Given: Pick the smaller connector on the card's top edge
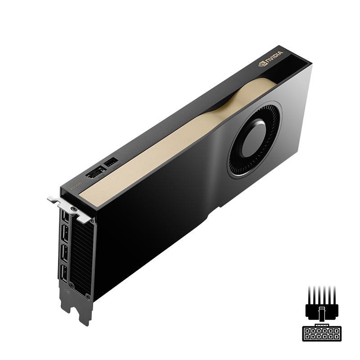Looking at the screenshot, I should [x=111, y=162].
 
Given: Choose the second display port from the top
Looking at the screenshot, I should [x=64, y=234].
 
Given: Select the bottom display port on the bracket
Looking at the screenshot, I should [x=64, y=274].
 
